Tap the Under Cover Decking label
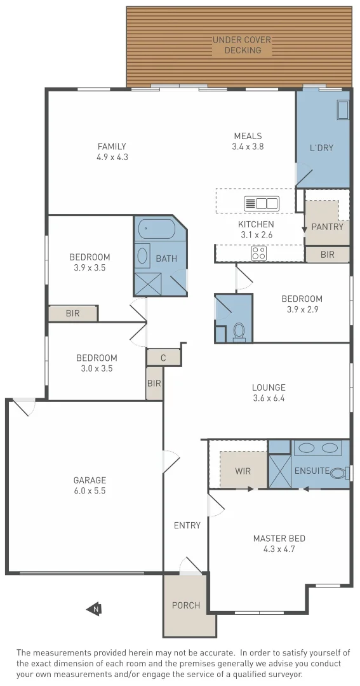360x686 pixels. click(242, 45)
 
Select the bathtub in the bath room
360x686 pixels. click(156, 229)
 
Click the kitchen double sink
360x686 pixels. click(262, 204)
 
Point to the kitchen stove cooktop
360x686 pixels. click(259, 253)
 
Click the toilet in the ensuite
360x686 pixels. click(339, 473)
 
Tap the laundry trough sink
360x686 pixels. click(343, 110)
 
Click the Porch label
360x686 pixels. click(185, 605)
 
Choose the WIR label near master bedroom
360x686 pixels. click(243, 471)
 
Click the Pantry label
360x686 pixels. click(328, 227)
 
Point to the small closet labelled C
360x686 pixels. click(163, 358)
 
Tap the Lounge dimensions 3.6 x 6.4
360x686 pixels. click(269, 398)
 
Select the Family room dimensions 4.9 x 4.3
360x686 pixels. click(112, 157)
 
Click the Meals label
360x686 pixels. click(248, 135)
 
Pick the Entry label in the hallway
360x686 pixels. click(187, 525)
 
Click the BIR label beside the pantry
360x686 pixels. click(328, 255)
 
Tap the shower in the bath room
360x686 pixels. click(147, 283)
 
